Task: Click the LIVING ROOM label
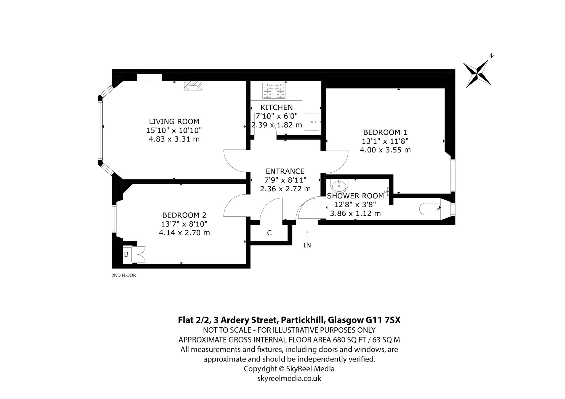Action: [174, 121]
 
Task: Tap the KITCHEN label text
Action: [277, 107]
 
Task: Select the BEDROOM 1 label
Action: [385, 132]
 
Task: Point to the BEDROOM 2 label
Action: [184, 215]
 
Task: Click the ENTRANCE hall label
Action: [285, 171]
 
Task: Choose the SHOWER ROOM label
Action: [355, 196]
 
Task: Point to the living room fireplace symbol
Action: [193, 86]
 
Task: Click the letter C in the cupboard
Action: [269, 233]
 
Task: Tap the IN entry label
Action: [307, 245]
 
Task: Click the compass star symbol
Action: [477, 74]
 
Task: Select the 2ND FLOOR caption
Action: [124, 275]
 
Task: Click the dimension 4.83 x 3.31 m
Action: [174, 139]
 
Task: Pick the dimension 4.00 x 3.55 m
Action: [385, 150]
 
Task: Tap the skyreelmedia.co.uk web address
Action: [289, 378]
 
